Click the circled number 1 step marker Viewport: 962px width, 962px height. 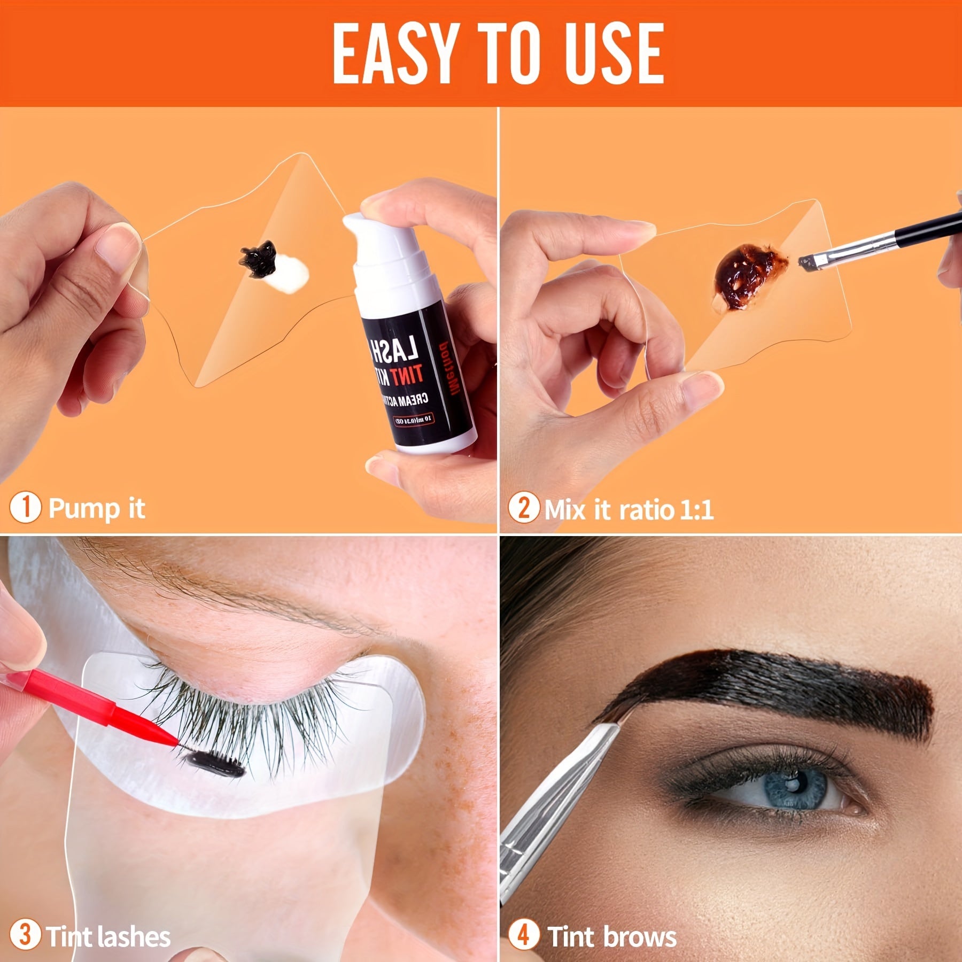[x=25, y=507]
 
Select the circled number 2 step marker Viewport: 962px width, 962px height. [x=523, y=508]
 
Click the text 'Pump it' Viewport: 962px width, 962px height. [x=96, y=508]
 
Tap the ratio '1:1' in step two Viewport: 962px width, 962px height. [x=696, y=509]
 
